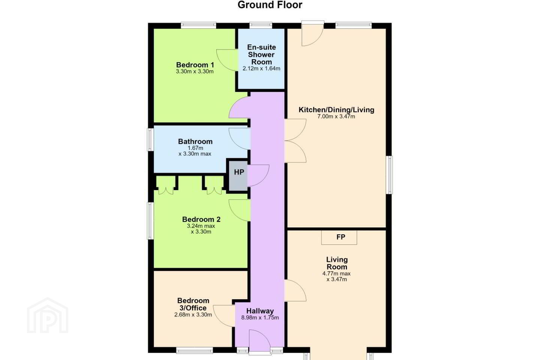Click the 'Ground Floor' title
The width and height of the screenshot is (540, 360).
click(270, 5)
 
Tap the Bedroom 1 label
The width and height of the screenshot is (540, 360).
click(195, 65)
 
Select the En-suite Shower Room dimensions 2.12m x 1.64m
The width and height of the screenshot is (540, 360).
click(261, 69)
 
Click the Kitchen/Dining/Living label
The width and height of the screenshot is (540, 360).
click(336, 110)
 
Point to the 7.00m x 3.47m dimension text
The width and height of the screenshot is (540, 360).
click(336, 117)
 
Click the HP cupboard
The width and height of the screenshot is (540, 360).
click(238, 176)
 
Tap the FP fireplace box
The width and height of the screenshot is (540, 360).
click(339, 237)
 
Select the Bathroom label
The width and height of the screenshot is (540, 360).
click(195, 141)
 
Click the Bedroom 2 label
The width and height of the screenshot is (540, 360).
click(201, 219)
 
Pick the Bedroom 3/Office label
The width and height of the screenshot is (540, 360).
click(193, 304)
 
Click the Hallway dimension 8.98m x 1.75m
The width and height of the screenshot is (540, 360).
click(260, 318)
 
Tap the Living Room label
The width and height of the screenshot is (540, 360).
click(337, 263)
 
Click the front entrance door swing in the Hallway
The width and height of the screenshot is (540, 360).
click(259, 341)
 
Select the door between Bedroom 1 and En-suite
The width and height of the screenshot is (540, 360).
click(227, 60)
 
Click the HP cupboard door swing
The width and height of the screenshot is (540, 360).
click(258, 175)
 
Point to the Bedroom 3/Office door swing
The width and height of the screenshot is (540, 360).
click(224, 316)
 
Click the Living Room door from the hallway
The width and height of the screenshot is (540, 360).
click(295, 290)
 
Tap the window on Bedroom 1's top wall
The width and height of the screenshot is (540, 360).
click(198, 25)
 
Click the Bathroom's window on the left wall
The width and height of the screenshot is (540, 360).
click(150, 139)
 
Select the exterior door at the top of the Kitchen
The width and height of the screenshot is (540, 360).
click(312, 34)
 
